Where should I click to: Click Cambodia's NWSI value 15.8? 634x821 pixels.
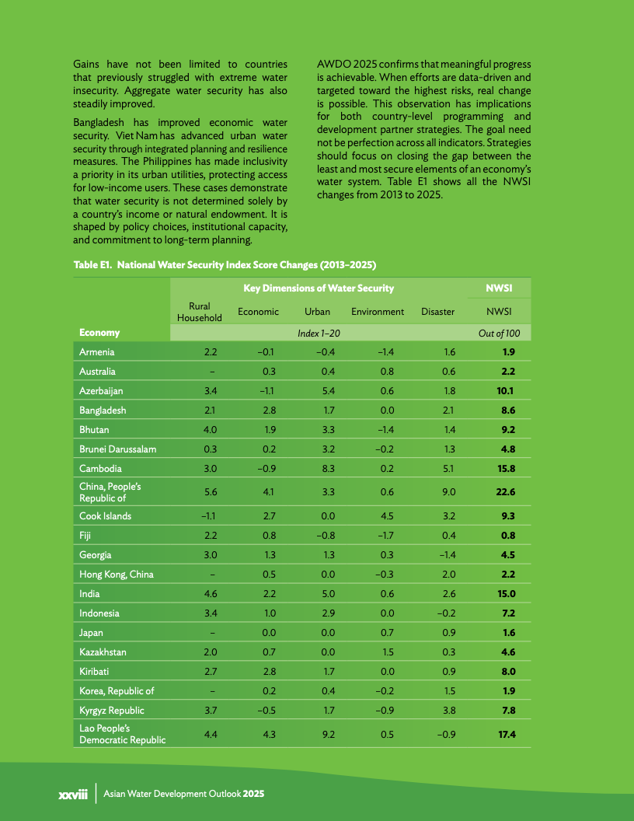pos(506,469)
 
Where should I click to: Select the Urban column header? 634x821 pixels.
pos(318,312)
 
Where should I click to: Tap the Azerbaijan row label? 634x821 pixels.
pos(101,391)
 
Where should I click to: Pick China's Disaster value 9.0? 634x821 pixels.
pos(449,492)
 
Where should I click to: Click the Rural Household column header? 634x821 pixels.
pos(200,312)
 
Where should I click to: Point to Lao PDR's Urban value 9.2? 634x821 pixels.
pos(328,734)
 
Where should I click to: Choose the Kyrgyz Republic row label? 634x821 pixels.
pos(111,711)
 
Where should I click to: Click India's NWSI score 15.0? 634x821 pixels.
pos(506,594)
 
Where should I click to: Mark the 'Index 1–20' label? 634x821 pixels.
pos(319,333)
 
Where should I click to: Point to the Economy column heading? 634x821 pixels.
pos(99,333)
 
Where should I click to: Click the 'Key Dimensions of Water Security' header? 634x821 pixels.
pos(319,288)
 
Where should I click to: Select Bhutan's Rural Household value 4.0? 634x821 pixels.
pos(210,430)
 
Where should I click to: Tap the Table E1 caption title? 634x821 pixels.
pos(225,265)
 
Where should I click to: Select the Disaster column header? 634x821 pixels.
pos(437,312)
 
